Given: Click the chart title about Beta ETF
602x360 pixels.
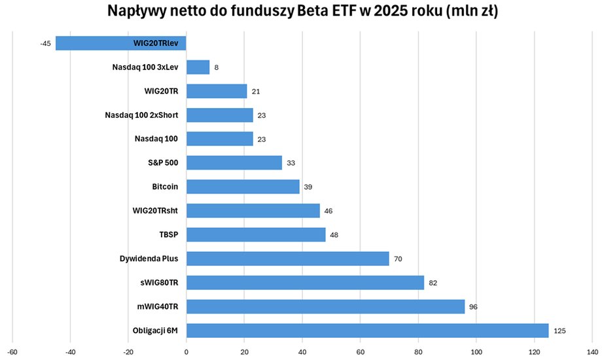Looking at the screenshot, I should pos(302,12).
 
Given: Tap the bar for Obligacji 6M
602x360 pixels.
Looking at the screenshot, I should pos(367,331).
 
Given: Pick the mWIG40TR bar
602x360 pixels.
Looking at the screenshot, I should pos(325,306).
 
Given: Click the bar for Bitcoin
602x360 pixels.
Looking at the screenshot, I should pos(243,187).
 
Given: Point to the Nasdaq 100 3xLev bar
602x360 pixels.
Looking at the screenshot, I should pos(198,67).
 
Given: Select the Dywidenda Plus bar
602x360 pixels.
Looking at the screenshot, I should pos(287,259).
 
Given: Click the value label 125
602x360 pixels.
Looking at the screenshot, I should pos(559,331).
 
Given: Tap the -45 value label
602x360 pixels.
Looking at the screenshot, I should pos(46,44).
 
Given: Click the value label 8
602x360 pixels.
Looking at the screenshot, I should pos(216,67).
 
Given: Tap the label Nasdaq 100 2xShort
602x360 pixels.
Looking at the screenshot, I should pos(141,115).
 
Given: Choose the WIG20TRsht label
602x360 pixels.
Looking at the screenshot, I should pos(155,211).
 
